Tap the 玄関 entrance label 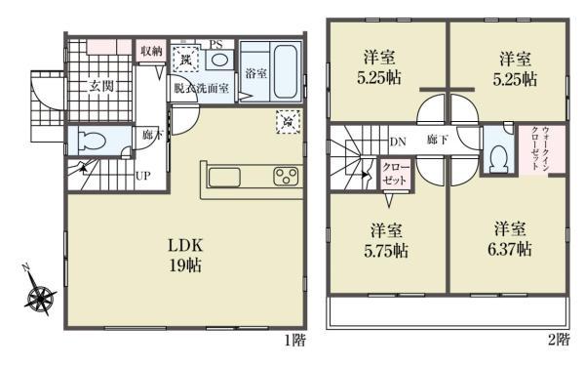coord(101,86)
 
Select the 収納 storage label coord(149,51)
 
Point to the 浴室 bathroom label coord(255,74)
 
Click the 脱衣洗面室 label coord(202,88)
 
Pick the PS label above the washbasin coord(216,44)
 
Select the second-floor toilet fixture coord(499,155)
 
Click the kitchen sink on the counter coord(224,176)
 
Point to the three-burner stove coord(287,176)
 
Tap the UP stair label coord(142,178)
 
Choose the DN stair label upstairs coord(398,142)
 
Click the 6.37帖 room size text coord(510,249)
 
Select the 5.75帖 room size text coord(388,250)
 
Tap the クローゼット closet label coord(394,175)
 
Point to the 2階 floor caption coord(557,340)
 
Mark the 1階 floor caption coord(294,340)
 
